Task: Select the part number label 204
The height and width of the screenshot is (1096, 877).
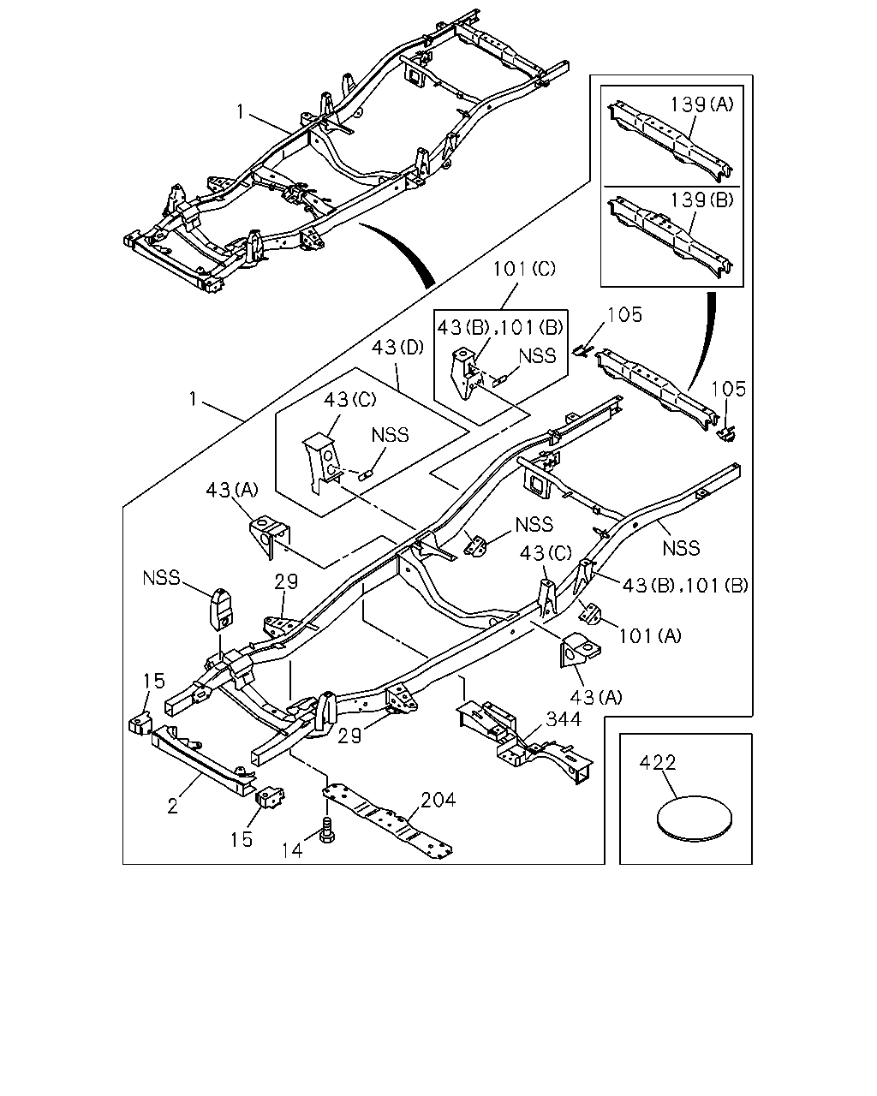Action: [x=438, y=800]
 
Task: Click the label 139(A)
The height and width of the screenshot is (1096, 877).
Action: [x=701, y=104]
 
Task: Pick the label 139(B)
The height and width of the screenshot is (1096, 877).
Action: [x=701, y=200]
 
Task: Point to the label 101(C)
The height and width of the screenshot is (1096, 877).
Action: [x=524, y=268]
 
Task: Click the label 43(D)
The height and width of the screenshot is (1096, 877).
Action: [x=397, y=348]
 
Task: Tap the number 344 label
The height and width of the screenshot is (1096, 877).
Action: [x=564, y=719]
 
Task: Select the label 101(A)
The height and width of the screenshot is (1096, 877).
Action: [x=650, y=635]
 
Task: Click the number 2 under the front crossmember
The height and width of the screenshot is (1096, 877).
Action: [x=173, y=807]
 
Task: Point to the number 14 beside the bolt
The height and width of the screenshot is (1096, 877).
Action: [x=293, y=850]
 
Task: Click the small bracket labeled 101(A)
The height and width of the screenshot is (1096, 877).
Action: [x=590, y=613]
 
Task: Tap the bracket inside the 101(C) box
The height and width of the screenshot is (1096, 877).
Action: [x=466, y=372]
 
